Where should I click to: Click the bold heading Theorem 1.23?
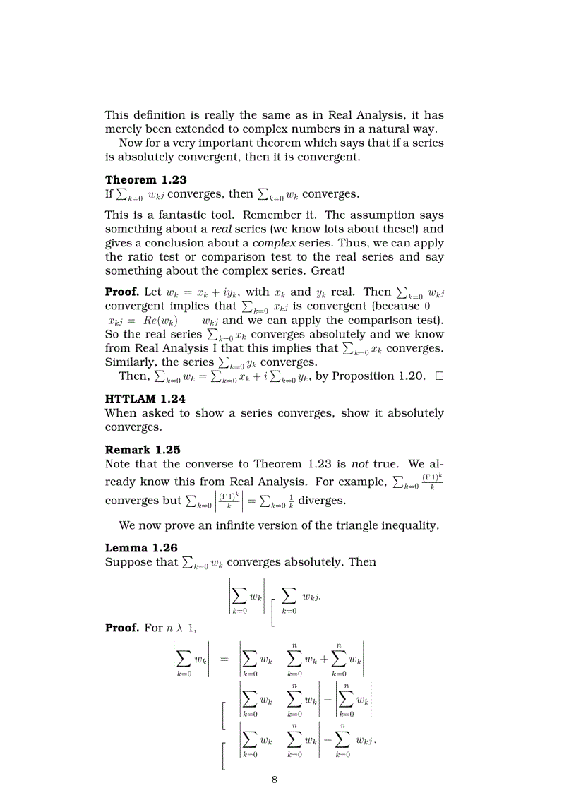coord(146,180)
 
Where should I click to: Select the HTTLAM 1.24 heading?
coord(145,399)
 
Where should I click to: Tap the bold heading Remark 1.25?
coord(143,450)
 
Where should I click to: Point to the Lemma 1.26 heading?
coord(141,548)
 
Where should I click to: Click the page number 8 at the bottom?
coord(274,780)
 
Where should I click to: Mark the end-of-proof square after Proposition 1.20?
coord(439,376)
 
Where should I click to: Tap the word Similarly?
coord(131,362)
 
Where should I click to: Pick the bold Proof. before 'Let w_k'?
coord(122,292)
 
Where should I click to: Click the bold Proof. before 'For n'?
coord(122,628)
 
